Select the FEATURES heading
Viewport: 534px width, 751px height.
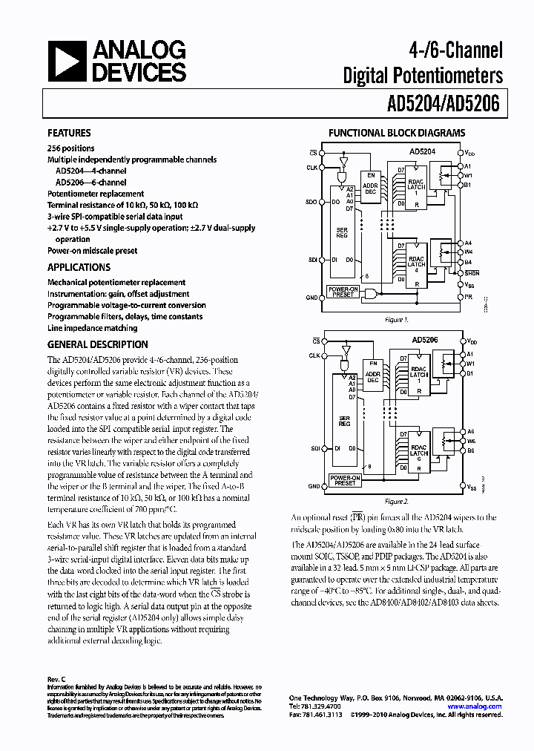(69, 133)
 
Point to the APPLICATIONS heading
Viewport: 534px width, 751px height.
(79, 267)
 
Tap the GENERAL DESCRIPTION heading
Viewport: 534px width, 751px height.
(97, 344)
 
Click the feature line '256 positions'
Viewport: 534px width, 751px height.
(70, 148)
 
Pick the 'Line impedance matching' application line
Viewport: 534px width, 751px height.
(92, 327)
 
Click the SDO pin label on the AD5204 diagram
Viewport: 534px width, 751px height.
(311, 201)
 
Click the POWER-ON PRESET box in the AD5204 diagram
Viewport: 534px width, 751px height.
(343, 292)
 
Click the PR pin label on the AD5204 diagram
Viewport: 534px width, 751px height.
(468, 297)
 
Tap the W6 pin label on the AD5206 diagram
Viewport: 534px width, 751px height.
(469, 441)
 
